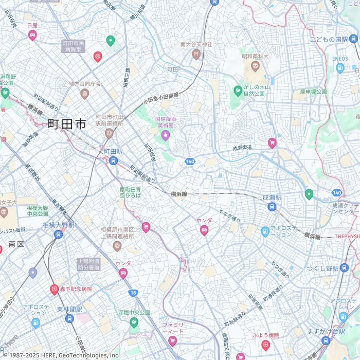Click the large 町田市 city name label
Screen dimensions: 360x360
(67, 124)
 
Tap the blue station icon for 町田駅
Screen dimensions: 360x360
(113, 161)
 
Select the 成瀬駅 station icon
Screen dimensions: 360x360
(272, 207)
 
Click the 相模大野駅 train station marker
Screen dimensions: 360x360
(59, 235)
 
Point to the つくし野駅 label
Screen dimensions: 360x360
(322, 268)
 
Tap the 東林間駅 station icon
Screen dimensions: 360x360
(69, 319)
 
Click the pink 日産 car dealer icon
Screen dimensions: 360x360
(32, 35)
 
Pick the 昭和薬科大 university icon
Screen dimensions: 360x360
(255, 66)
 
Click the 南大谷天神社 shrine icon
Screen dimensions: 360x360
(196, 54)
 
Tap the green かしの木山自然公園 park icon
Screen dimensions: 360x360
(238, 91)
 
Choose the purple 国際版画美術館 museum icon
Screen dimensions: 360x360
(165, 135)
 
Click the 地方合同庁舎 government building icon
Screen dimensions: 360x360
(85, 94)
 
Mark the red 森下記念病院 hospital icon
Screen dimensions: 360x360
(54, 290)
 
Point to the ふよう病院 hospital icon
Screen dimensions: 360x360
(265, 345)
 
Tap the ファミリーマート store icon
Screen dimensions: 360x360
(172, 340)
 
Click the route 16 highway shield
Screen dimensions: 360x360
(133, 293)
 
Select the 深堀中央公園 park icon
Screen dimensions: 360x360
(134, 322)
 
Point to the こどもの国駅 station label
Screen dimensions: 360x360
(329, 39)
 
